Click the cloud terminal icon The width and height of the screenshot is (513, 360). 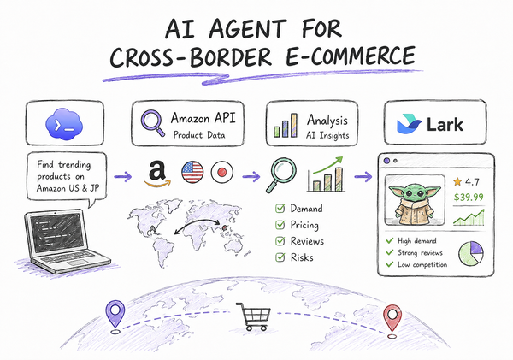[64, 124]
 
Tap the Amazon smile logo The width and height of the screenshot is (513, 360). [157, 174]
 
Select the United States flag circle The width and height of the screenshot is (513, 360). [192, 172]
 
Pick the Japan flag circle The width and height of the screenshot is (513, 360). [222, 172]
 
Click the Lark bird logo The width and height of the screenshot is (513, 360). [409, 124]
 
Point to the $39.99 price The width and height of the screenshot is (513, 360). [469, 197]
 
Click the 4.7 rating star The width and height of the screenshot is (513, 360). [457, 181]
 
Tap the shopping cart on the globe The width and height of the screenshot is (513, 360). [254, 316]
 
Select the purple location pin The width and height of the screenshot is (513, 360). [115, 314]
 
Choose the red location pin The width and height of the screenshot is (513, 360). [392, 318]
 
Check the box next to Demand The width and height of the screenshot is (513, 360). [280, 209]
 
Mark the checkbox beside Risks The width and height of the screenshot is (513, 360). [280, 257]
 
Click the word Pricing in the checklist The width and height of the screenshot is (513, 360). [304, 225]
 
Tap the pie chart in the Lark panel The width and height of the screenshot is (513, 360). [471, 254]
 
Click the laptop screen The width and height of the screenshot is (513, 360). [57, 233]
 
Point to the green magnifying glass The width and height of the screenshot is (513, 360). [281, 175]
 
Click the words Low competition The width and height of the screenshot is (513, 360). [422, 264]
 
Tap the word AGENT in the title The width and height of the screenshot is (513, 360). [247, 28]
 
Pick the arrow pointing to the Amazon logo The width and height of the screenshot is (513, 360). [122, 177]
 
